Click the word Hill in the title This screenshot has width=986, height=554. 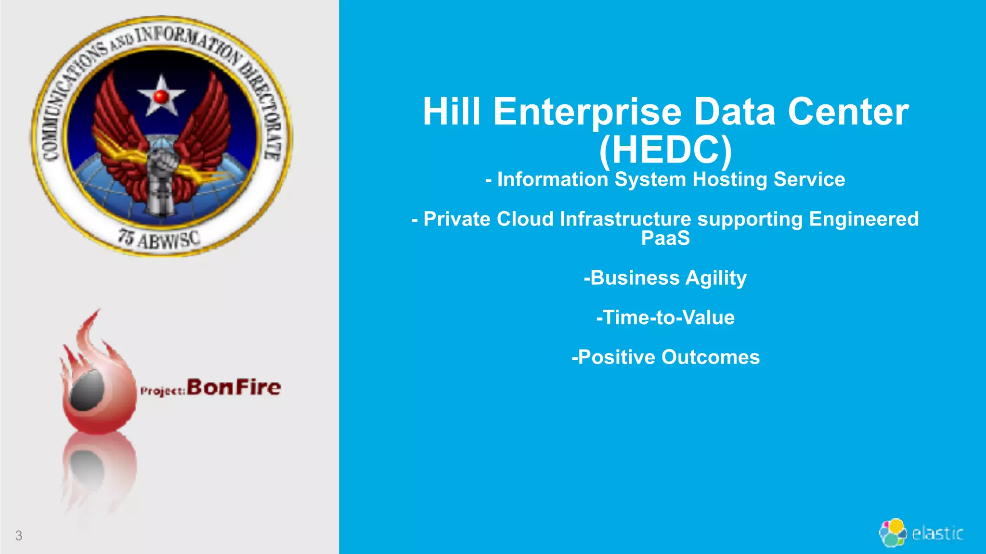451,112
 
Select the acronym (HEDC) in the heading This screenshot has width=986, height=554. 665,150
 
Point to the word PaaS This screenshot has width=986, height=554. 665,239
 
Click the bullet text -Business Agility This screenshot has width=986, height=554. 665,278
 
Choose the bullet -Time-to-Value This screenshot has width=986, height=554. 665,318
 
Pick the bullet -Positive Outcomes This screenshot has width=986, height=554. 665,357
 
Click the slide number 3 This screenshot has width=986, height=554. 19,535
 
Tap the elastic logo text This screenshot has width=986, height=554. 937,533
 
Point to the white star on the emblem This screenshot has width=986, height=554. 161,96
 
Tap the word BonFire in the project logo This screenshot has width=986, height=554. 234,387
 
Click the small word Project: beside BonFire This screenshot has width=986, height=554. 162,391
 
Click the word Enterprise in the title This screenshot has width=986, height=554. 587,112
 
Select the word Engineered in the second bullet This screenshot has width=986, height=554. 864,219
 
